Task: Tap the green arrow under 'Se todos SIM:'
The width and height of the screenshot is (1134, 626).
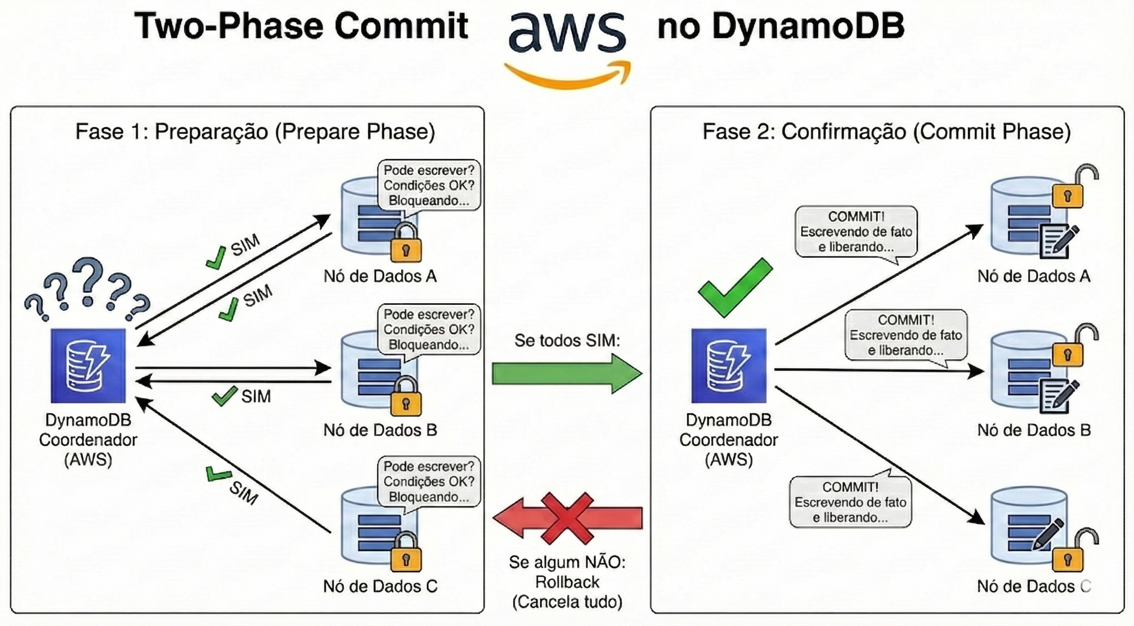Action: [x=567, y=374]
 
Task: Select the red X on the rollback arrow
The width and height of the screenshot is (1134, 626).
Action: [x=567, y=518]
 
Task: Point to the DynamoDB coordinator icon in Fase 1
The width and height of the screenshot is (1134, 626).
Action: [x=88, y=366]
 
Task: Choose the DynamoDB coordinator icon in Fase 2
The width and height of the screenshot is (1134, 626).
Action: [x=729, y=366]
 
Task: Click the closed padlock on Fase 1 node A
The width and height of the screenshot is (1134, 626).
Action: [x=406, y=243]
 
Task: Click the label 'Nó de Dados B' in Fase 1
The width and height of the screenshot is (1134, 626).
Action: [x=380, y=430]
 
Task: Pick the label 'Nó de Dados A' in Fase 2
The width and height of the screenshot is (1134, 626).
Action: [x=1034, y=276]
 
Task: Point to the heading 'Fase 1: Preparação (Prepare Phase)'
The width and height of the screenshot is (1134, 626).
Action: [x=255, y=131]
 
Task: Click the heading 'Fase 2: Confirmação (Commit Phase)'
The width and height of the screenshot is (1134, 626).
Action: [x=887, y=131]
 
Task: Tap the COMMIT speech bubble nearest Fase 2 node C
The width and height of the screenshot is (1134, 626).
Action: [x=850, y=502]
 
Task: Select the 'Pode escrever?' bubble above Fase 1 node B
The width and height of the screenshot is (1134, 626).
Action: [x=429, y=330]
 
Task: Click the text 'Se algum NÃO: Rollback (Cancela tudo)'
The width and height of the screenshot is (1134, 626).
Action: [x=567, y=582]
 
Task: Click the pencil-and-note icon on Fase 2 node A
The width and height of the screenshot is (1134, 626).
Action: [x=1058, y=240]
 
